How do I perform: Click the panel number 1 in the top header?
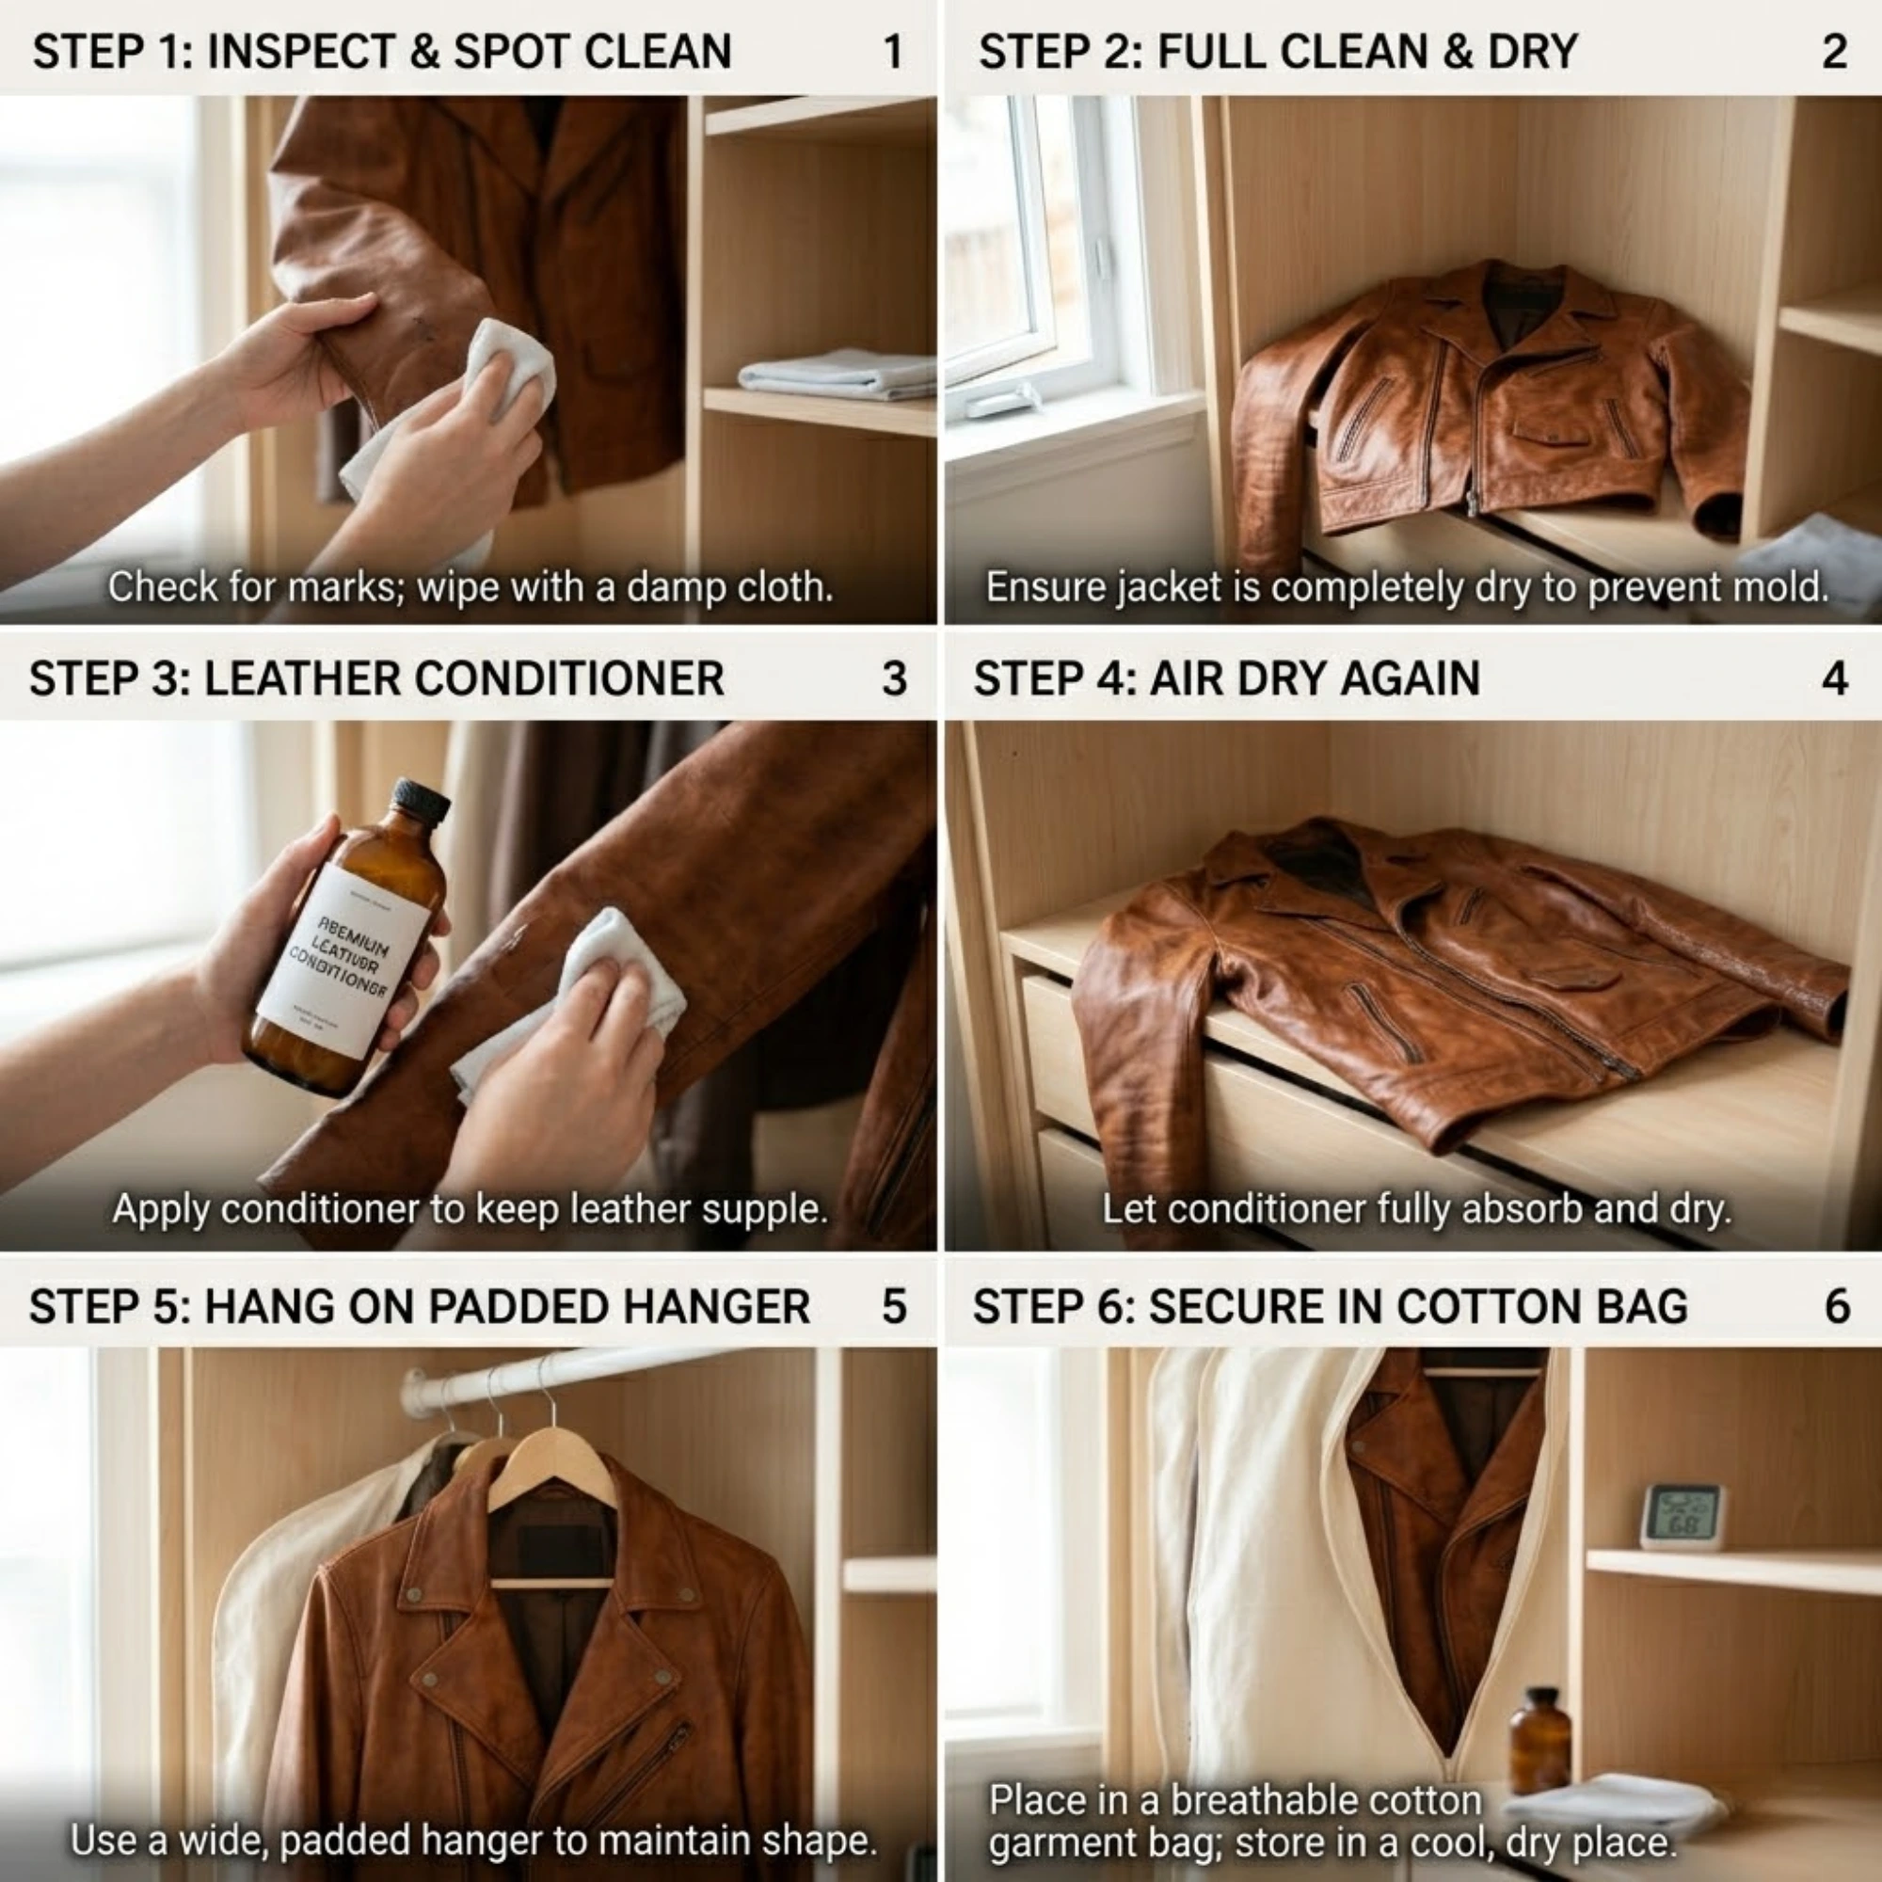[892, 52]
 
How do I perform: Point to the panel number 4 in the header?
[1833, 679]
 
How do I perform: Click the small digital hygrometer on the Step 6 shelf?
[1683, 1517]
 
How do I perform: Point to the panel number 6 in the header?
[1836, 1306]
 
